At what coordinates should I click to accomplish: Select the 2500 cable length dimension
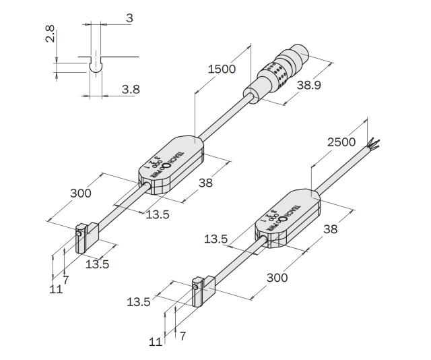(x=342, y=142)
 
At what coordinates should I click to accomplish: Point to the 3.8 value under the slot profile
(x=131, y=88)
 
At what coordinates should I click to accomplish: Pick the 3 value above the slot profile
(x=129, y=18)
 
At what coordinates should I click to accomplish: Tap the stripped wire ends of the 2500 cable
(x=373, y=144)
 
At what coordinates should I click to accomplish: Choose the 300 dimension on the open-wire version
(x=277, y=277)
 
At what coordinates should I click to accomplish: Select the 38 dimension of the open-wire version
(x=329, y=229)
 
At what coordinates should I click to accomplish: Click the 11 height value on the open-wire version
(x=156, y=341)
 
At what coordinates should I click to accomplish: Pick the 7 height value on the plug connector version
(x=65, y=278)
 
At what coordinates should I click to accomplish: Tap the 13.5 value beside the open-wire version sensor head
(x=138, y=302)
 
